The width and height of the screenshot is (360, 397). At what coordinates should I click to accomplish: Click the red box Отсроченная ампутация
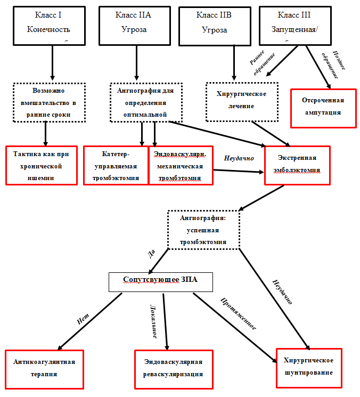click(323, 107)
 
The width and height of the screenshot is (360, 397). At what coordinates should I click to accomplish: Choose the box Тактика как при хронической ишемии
click(42, 165)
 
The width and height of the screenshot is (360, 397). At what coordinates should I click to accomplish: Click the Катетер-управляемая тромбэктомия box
click(115, 165)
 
